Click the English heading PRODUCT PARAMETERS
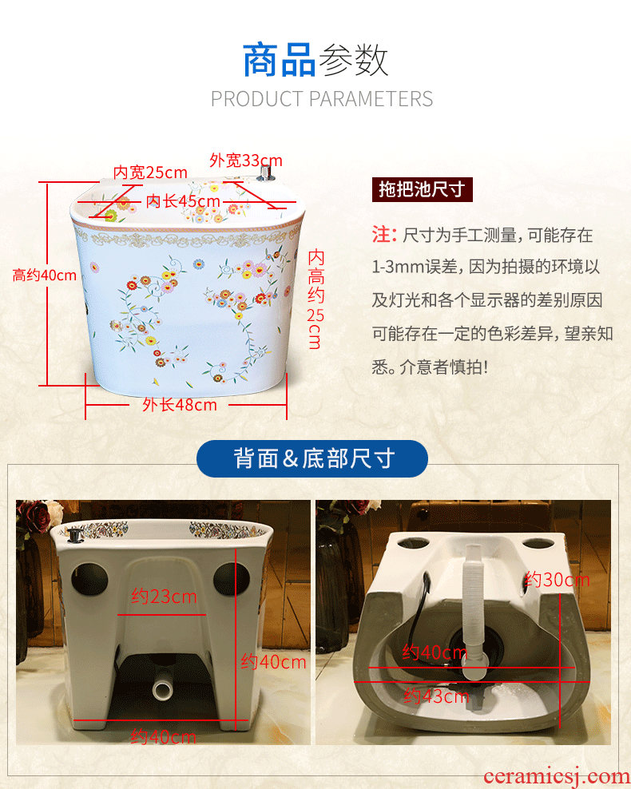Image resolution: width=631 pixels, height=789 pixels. pyautogui.click(x=322, y=99)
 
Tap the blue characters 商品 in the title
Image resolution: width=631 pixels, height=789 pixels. pyautogui.click(x=280, y=61)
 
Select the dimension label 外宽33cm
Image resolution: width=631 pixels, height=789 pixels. pyautogui.click(x=246, y=161)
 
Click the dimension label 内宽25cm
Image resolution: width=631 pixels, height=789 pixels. pyautogui.click(x=150, y=172)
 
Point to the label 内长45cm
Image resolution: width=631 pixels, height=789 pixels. pyautogui.click(x=183, y=201)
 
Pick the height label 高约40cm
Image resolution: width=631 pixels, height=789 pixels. pyautogui.click(x=44, y=276)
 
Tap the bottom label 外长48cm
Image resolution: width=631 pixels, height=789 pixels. pyautogui.click(x=180, y=405)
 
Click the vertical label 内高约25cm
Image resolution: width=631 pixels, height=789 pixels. pyautogui.click(x=315, y=299)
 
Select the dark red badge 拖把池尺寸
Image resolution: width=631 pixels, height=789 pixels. pyautogui.click(x=423, y=190)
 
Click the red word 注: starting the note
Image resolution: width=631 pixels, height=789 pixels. pyautogui.click(x=384, y=235)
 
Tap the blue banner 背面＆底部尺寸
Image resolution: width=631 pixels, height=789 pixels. pyautogui.click(x=312, y=458)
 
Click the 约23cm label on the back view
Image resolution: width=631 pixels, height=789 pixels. pyautogui.click(x=164, y=597)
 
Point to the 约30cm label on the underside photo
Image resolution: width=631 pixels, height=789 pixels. pyautogui.click(x=557, y=581)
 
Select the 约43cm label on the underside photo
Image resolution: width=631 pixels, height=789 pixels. pyautogui.click(x=436, y=696)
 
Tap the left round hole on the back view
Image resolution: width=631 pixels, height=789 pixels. pyautogui.click(x=89, y=579)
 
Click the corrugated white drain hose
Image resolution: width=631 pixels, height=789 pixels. pyautogui.click(x=473, y=614)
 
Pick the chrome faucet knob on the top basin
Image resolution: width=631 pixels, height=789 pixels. pyautogui.click(x=265, y=172)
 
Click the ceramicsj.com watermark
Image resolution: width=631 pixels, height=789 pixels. pyautogui.click(x=556, y=777)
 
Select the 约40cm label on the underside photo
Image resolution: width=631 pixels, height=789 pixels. pyautogui.click(x=435, y=652)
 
